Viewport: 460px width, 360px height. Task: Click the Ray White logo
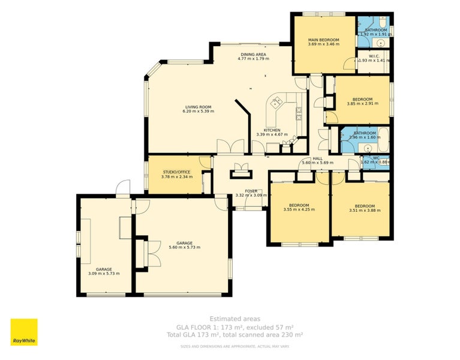coord(24,332)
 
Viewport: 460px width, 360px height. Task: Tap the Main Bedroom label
coord(323,40)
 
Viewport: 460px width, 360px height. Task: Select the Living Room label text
coord(198,107)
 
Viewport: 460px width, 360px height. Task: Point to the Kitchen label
coord(272,130)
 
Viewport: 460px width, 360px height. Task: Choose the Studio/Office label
coord(175,172)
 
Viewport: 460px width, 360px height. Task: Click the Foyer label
coord(251,191)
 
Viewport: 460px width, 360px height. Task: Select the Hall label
coord(317,158)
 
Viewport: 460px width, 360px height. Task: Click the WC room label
coord(376,158)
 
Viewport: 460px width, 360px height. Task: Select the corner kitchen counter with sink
coord(277,104)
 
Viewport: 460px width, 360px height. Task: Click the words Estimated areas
coord(234,319)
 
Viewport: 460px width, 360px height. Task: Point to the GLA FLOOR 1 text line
coord(234,327)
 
